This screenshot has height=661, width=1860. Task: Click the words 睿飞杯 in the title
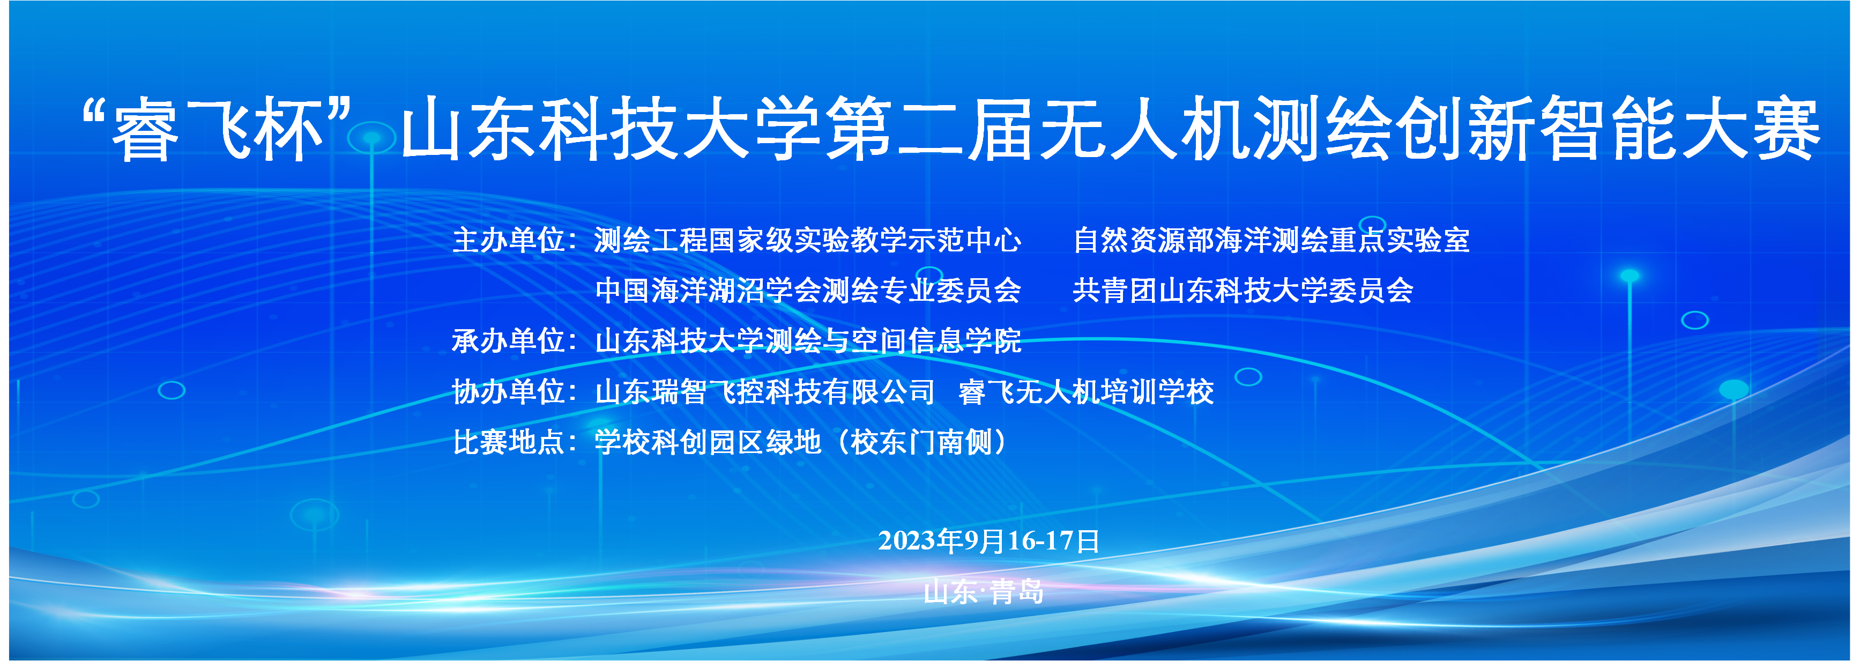tap(217, 130)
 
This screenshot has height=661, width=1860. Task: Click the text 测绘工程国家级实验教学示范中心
tap(808, 240)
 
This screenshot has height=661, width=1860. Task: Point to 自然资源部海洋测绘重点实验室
tap(1271, 240)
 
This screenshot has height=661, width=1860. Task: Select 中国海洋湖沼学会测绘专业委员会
tap(808, 291)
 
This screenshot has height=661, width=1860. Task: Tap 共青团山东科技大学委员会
tap(1243, 291)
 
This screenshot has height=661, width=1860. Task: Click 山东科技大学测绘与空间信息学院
tap(808, 341)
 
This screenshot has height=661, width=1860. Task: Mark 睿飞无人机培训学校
tap(1086, 391)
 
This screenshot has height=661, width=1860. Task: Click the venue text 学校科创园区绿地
tap(708, 442)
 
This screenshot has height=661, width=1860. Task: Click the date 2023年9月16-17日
tap(989, 541)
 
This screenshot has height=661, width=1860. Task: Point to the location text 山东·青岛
tap(984, 592)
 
